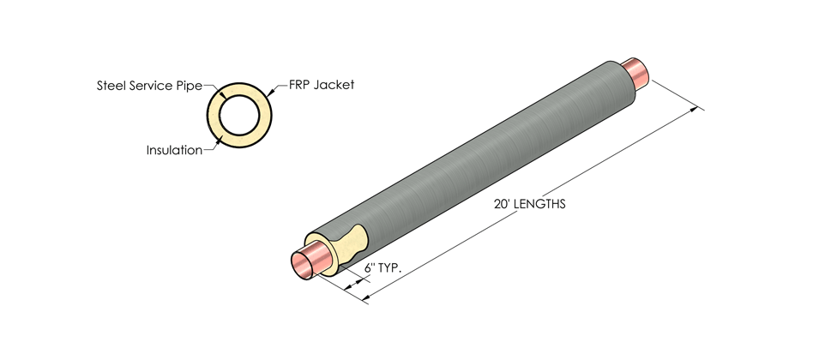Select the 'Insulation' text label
point(174,150)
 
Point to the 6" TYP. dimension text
point(383,267)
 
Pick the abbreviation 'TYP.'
point(390,267)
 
